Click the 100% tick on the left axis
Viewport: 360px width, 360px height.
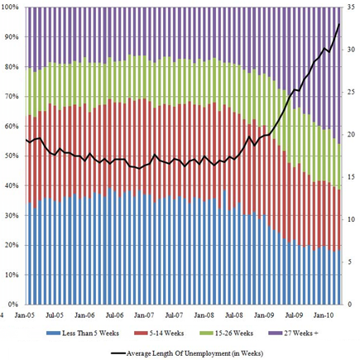pyautogui.click(x=10, y=7)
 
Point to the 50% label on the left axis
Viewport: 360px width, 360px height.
pyautogui.click(x=12, y=156)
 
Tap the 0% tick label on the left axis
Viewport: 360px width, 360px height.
pyautogui.click(x=13, y=305)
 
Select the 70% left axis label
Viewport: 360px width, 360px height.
pyautogui.click(x=12, y=97)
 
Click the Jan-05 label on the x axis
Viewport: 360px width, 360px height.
pyautogui.click(x=25, y=315)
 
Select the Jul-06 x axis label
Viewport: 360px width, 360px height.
pyautogui.click(x=114, y=315)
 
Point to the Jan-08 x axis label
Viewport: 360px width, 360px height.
pyautogui.click(x=204, y=315)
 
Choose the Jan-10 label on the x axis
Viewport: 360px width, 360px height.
pyautogui.click(x=324, y=315)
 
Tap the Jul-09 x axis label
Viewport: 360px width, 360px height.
pyautogui.click(x=294, y=315)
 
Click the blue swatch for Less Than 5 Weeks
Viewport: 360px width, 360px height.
pyautogui.click(x=53, y=334)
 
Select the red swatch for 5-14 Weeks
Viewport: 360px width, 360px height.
pyautogui.click(x=141, y=334)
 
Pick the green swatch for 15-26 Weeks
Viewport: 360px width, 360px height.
pyautogui.click(x=206, y=334)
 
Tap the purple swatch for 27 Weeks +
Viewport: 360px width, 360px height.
pyautogui.click(x=275, y=334)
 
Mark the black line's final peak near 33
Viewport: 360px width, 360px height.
pyautogui.click(x=338, y=24)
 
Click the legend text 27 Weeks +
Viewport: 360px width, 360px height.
pyautogui.click(x=301, y=334)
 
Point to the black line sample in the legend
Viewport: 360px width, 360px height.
pyautogui.click(x=118, y=353)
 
